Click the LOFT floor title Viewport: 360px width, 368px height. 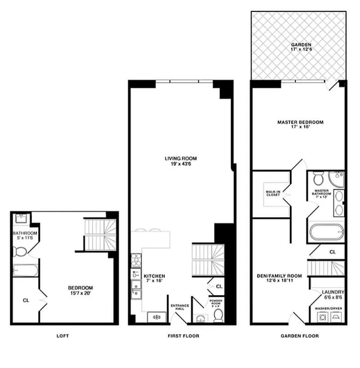(63, 336)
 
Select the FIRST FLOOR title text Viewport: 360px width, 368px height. (183, 336)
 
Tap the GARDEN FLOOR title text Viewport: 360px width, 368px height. (300, 336)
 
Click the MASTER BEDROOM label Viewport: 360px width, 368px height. (300, 124)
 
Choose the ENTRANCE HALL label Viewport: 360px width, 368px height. (180, 307)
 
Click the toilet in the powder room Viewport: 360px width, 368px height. (219, 315)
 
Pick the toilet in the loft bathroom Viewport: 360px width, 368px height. (20, 252)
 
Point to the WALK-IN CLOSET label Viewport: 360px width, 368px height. (273, 192)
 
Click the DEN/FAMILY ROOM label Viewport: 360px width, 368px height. (279, 278)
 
